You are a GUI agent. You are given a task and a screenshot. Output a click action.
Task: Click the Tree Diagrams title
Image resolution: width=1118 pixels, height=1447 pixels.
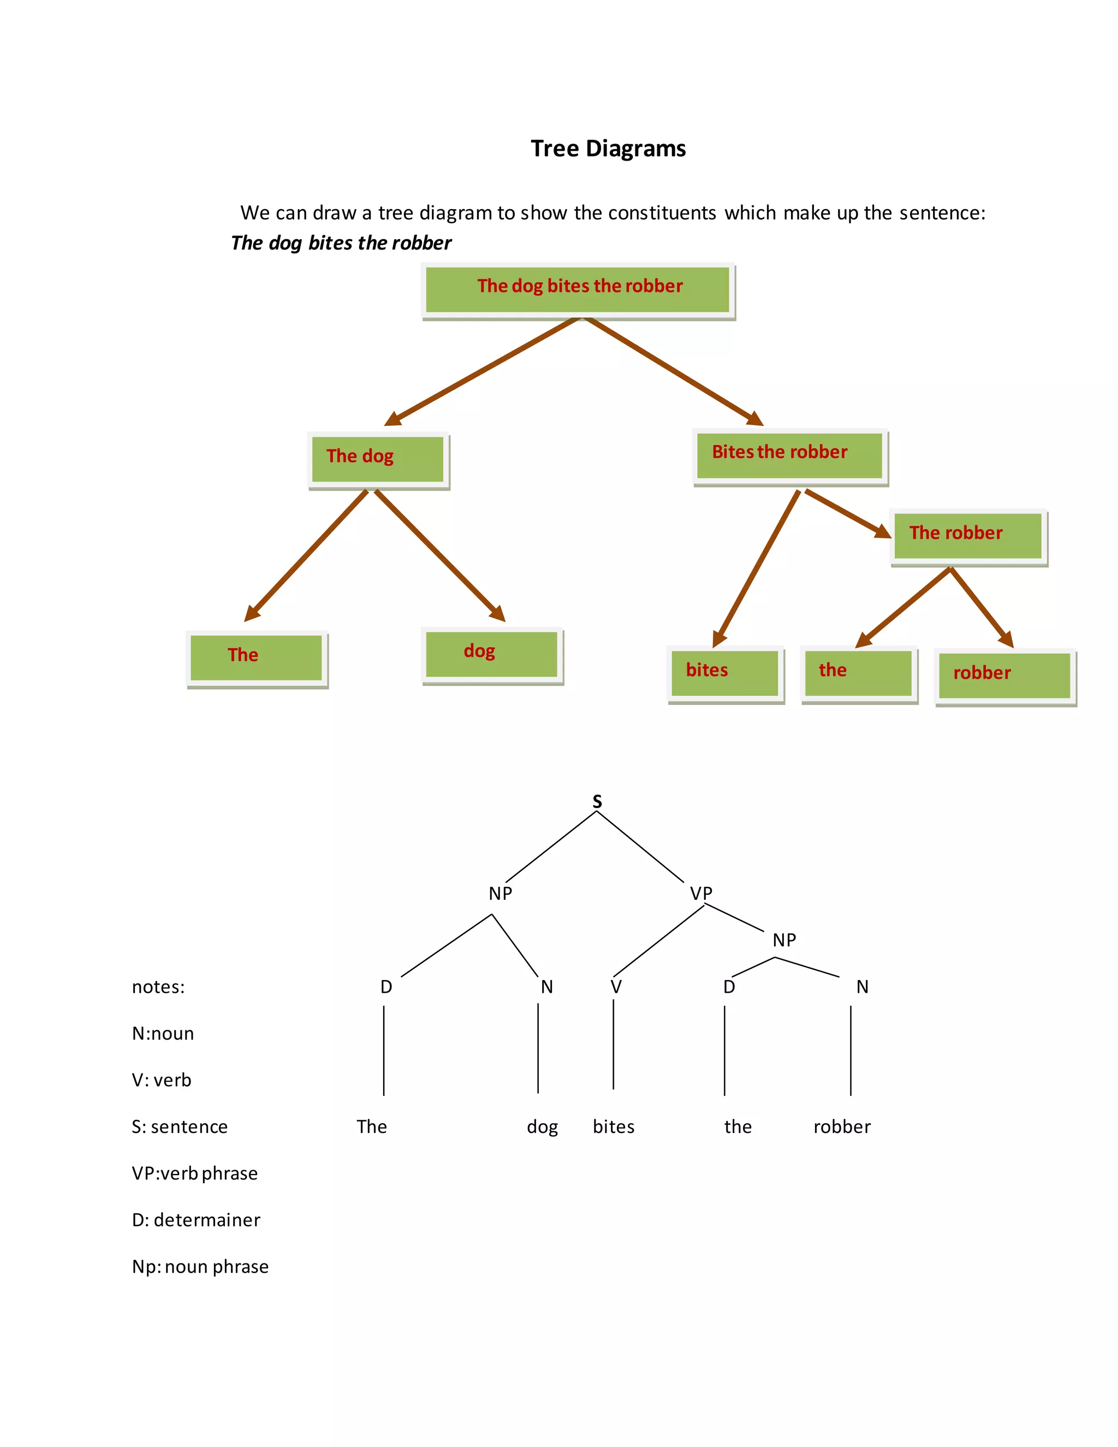(x=608, y=149)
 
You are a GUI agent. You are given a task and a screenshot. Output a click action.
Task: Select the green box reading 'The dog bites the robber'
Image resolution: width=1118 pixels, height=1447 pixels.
(x=578, y=289)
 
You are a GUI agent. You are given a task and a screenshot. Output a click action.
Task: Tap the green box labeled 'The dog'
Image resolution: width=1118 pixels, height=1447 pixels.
(x=378, y=459)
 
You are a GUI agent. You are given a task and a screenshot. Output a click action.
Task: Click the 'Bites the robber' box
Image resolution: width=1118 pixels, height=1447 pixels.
(x=789, y=455)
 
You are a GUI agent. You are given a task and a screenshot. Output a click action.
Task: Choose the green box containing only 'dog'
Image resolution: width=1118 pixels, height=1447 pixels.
(x=491, y=654)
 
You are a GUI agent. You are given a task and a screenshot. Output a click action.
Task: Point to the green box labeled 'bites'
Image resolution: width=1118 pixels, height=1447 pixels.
(x=724, y=673)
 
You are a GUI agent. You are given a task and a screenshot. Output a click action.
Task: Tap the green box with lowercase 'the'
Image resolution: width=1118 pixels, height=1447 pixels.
(x=858, y=673)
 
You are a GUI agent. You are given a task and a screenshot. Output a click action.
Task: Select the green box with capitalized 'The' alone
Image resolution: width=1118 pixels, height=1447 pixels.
(x=257, y=657)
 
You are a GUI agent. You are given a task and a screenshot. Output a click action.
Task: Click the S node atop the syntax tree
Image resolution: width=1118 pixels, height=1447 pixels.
(x=597, y=802)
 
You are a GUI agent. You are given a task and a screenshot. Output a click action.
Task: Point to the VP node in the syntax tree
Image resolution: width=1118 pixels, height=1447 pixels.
(x=701, y=893)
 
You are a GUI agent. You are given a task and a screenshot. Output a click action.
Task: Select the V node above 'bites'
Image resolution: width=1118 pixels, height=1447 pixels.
(x=616, y=987)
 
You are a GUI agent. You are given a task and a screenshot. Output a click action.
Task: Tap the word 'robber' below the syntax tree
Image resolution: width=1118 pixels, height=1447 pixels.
(x=841, y=1126)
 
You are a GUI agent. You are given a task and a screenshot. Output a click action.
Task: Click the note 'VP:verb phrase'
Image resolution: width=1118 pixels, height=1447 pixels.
(x=195, y=1173)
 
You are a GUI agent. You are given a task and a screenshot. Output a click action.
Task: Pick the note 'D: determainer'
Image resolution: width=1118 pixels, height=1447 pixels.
(x=196, y=1220)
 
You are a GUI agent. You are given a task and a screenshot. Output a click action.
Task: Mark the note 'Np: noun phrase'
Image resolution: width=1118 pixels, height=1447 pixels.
(x=200, y=1266)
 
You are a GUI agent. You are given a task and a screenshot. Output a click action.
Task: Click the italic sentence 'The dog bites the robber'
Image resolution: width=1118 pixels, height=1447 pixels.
(x=341, y=243)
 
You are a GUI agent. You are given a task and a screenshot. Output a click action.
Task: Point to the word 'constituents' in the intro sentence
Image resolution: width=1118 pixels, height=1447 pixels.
(x=662, y=212)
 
